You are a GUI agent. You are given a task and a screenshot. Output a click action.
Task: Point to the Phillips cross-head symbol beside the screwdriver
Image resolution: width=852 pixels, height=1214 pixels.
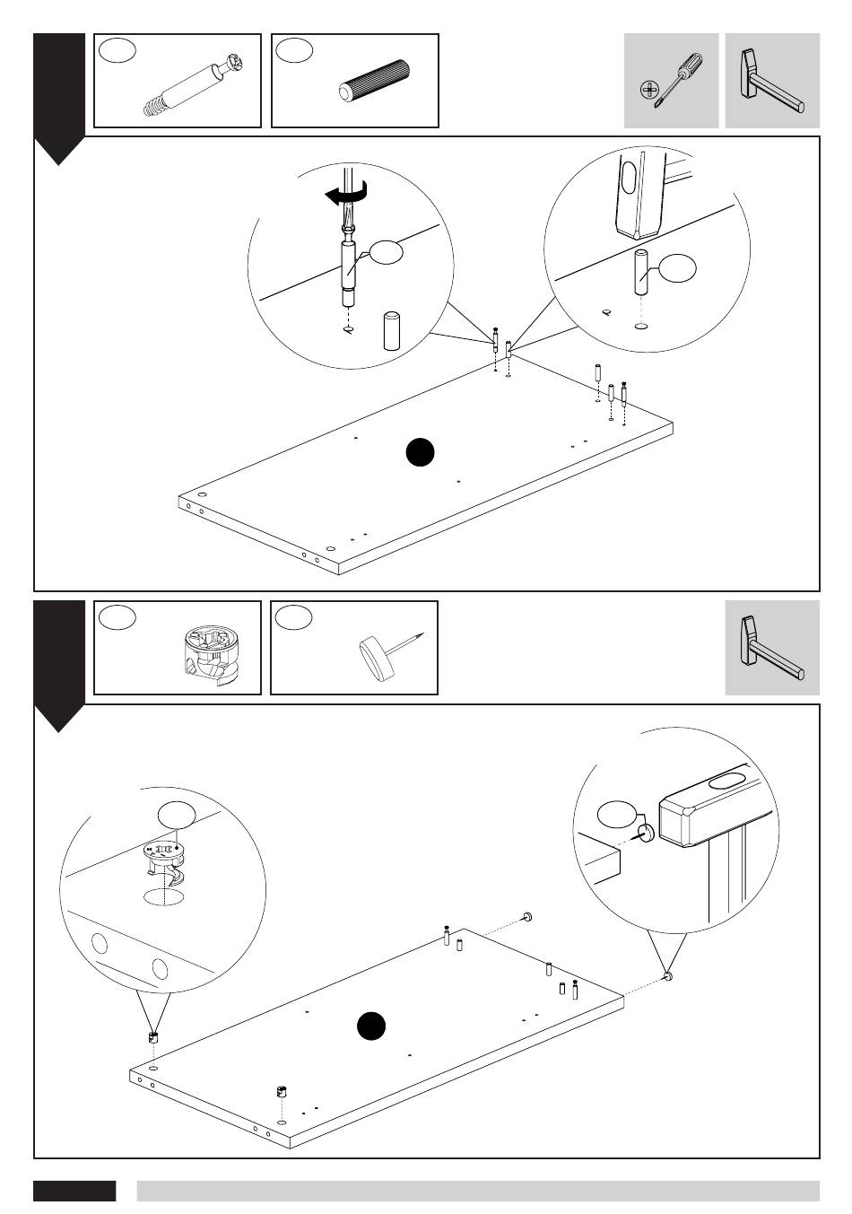point(648,90)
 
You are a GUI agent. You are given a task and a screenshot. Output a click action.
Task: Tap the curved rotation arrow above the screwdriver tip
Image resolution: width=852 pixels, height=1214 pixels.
point(345,194)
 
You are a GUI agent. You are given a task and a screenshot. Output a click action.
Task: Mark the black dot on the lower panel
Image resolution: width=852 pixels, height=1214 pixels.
point(370,1026)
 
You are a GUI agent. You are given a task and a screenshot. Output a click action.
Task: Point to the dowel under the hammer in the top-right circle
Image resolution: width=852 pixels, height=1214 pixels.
point(642,275)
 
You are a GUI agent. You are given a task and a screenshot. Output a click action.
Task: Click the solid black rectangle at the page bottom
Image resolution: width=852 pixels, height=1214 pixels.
point(74,1191)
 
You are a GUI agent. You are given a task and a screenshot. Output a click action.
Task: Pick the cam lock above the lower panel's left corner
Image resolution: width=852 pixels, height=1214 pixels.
point(152,1036)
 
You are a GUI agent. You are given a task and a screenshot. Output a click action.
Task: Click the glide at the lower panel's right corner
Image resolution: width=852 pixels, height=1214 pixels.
point(667,976)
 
